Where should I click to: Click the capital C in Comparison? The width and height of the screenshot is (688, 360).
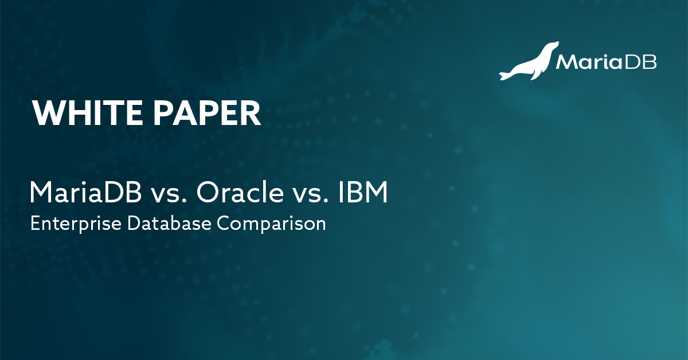[223, 223]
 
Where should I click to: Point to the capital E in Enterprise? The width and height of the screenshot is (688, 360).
[34, 223]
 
